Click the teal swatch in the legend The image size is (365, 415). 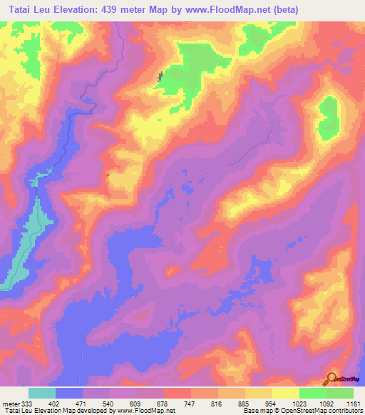pyautogui.click(x=42, y=393)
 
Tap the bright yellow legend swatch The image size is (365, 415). pyautogui.click(x=285, y=393)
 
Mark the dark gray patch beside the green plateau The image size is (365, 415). pyautogui.click(x=159, y=76)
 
